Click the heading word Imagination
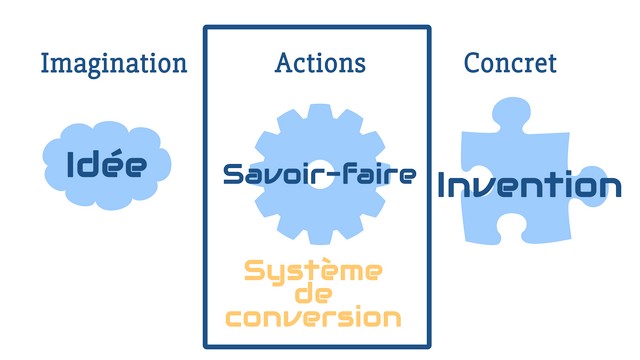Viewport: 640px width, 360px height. coord(114,64)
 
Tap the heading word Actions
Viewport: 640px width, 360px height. coord(320,63)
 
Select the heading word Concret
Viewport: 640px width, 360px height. coord(510,63)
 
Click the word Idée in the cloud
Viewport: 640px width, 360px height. coord(107,164)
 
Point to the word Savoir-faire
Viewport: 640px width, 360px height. coord(320,174)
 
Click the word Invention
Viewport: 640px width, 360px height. coord(529,186)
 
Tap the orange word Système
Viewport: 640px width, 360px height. coord(313,271)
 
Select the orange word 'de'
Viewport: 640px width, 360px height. coord(313,294)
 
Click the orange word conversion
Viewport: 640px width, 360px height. coord(313,318)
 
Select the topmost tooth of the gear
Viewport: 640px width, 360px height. coord(320,112)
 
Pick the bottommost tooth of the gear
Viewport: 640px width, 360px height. coord(320,237)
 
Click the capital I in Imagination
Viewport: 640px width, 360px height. coord(45,63)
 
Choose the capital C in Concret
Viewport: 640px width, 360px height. coord(472,63)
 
